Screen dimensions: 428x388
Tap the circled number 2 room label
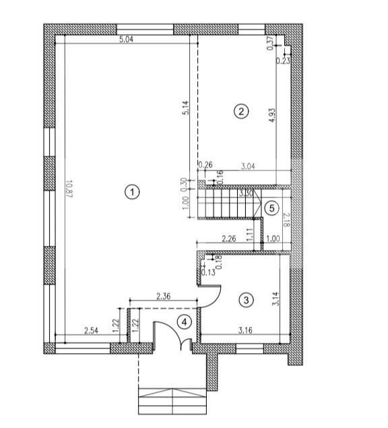click(240, 111)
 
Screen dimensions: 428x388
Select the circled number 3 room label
click(247, 300)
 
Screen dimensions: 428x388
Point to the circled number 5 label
click(271, 208)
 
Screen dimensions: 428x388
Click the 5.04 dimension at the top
click(126, 40)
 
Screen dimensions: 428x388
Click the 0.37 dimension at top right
click(271, 44)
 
